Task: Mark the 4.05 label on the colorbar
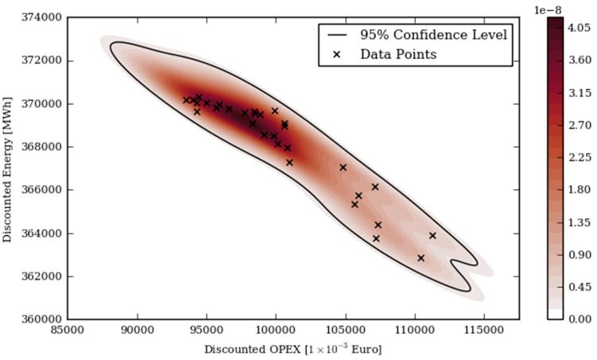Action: (x=580, y=27)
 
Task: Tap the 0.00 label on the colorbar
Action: (x=580, y=319)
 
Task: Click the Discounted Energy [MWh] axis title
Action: (x=9, y=168)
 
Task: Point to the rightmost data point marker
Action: (x=432, y=235)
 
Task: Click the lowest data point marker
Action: (x=421, y=258)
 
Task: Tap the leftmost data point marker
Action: (x=186, y=100)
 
